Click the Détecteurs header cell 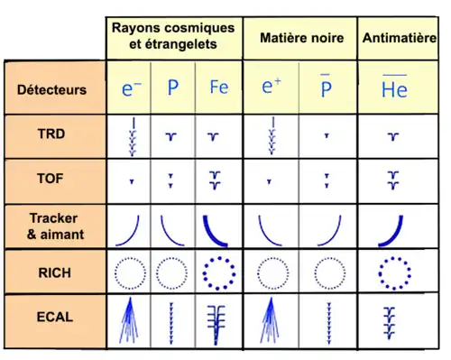(51, 89)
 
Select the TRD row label (51, 134)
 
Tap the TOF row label (51, 179)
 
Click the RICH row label (55, 272)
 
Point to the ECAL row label (55, 317)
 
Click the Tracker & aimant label (55, 226)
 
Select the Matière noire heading (302, 38)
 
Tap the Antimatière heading (400, 38)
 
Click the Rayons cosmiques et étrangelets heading (173, 36)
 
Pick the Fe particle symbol (219, 88)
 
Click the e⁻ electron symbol (131, 88)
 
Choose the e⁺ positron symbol (272, 86)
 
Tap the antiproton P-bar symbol (326, 86)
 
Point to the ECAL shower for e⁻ (129, 320)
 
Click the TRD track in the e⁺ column (272, 136)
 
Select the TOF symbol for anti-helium (393, 180)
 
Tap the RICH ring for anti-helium (394, 258)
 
